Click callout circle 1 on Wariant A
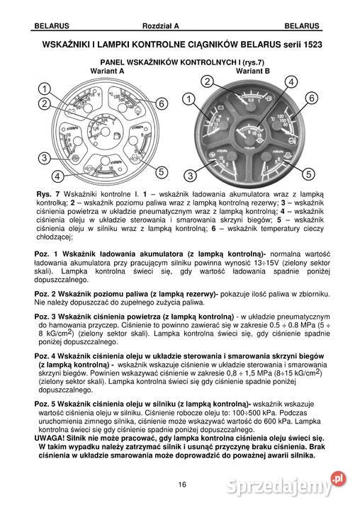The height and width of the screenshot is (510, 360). point(43,89)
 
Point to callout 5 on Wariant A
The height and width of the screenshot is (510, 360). point(162,172)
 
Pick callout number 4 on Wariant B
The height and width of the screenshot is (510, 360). point(288,82)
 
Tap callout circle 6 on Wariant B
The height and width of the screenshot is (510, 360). point(310,98)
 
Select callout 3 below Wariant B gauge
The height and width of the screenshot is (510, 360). point(190,175)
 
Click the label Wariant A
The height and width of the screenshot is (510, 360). point(108,72)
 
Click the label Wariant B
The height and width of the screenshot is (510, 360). point(253,72)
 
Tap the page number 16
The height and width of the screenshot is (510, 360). point(182,484)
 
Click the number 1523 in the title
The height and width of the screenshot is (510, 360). point(305,43)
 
